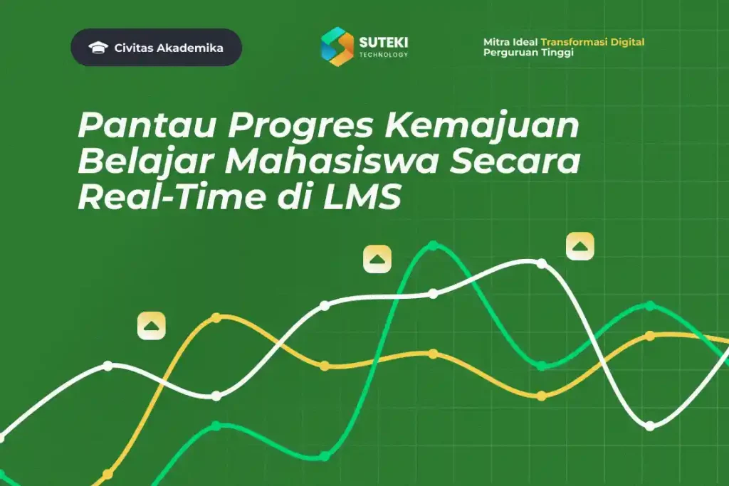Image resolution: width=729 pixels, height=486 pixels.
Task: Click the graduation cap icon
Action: coord(98,48)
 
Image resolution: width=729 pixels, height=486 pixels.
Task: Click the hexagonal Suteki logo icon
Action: coord(337,46)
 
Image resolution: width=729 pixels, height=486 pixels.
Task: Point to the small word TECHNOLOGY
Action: coord(384,55)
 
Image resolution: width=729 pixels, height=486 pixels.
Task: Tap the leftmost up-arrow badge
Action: coord(152,325)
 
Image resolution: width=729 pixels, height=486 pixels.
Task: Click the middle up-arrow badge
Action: coord(377,259)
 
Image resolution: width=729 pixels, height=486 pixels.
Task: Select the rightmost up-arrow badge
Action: coord(580,246)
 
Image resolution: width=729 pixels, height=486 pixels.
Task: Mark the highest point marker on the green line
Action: coord(433,246)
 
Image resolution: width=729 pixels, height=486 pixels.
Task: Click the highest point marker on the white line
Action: coord(541,263)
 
